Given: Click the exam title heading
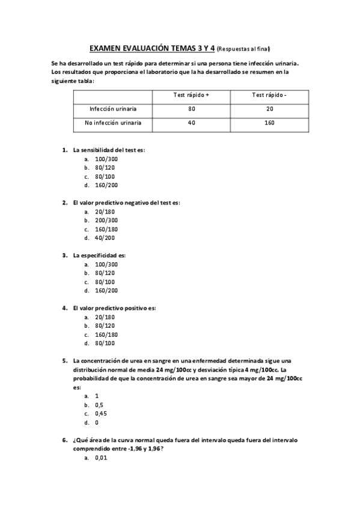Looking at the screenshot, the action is [152, 48].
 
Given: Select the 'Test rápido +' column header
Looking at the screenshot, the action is [191, 95].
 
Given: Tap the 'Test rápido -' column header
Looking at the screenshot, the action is [269, 95].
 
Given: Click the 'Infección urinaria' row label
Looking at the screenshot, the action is [112, 109].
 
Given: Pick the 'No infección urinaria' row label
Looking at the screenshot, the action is [112, 123].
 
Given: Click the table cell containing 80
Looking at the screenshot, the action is [191, 109].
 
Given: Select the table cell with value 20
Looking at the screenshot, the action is [269, 109].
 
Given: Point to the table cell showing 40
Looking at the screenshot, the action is [191, 123].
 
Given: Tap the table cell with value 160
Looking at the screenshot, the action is [269, 123].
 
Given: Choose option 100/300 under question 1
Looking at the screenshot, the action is [106, 159].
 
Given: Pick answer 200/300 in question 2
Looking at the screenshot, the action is [106, 220].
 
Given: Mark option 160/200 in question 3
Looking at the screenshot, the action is [106, 290].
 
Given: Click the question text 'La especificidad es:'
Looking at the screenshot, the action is [99, 255].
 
